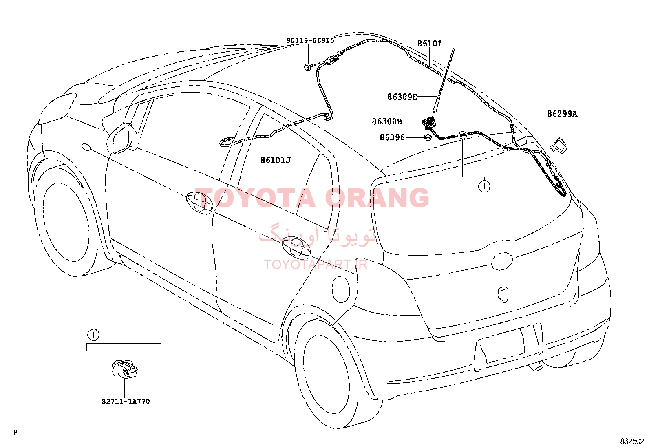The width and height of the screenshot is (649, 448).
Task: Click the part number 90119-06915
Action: [310, 41]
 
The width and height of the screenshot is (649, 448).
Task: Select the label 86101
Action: [430, 44]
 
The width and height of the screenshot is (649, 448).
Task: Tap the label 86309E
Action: [402, 97]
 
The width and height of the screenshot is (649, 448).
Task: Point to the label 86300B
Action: [387, 121]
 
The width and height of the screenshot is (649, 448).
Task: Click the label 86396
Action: [392, 137]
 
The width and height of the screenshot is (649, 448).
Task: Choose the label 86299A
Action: [562, 114]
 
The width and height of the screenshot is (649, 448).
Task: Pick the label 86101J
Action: [276, 160]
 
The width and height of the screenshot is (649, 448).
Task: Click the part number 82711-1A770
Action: [126, 402]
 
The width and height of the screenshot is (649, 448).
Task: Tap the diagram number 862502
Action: [634, 441]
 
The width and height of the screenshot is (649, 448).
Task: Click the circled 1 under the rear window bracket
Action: [484, 186]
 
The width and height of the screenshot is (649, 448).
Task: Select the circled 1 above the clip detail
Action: [93, 335]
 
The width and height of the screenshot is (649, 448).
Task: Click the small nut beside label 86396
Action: [427, 138]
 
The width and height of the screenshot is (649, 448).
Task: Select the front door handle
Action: [199, 202]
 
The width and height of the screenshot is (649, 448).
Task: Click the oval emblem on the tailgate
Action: [502, 260]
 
